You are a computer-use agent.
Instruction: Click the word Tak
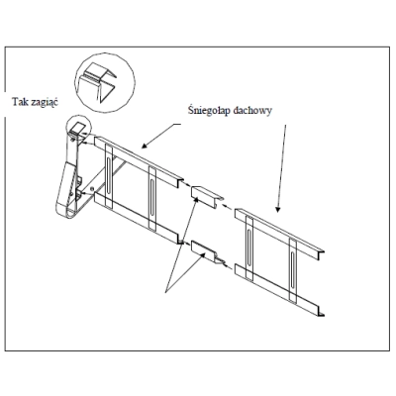point(20,101)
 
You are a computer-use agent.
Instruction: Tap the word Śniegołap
point(209,110)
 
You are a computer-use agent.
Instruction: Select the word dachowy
point(251,111)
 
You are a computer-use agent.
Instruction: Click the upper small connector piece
point(205,195)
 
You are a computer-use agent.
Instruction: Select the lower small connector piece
point(206,251)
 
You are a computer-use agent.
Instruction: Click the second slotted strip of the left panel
point(152,198)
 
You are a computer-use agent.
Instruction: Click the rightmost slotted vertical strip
point(293,269)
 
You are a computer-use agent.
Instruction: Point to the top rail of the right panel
point(279,232)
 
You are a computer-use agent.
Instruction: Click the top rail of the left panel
point(139,158)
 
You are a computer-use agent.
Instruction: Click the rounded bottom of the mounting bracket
point(67,212)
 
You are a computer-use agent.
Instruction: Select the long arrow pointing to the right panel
point(281,168)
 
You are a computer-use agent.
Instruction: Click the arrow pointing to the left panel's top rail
point(161,136)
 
